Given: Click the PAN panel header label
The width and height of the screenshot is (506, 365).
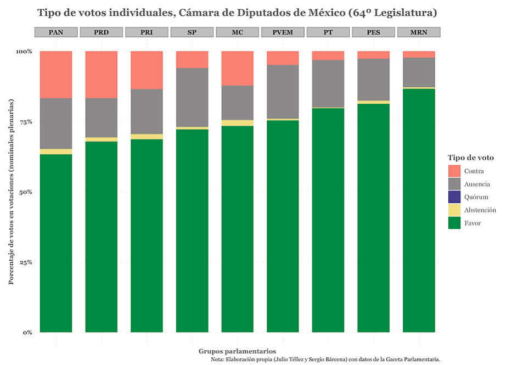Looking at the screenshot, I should [56, 32].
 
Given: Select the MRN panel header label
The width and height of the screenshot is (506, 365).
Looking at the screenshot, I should [419, 32].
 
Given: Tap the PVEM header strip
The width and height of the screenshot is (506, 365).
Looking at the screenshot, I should [283, 32].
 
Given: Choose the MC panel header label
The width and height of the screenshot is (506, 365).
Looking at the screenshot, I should [237, 32].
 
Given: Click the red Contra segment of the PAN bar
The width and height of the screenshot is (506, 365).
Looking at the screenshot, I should [56, 75].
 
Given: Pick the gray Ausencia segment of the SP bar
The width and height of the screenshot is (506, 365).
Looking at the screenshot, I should [192, 97].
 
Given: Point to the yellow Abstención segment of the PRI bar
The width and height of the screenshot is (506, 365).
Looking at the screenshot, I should [147, 137].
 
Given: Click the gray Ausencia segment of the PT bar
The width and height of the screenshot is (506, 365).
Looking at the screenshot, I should [328, 83].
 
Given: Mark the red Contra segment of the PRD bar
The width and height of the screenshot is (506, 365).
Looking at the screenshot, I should [102, 75].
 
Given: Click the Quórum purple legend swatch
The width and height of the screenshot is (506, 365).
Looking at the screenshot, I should [454, 196].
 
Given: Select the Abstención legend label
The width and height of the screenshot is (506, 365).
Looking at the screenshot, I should [480, 210].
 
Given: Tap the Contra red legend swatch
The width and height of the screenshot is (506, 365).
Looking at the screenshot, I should [454, 171].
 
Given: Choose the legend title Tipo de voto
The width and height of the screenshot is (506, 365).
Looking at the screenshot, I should [470, 158].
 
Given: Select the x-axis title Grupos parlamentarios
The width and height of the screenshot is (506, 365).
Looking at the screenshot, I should [237, 351].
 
